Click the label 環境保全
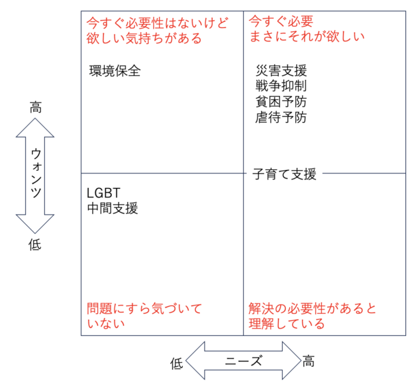tap(115, 71)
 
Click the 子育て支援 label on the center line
tap(285, 174)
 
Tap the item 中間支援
tap(113, 209)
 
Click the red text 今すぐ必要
tap(281, 21)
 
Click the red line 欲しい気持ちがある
tap(144, 37)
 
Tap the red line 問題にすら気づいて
tap(144, 309)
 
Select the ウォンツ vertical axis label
tap(35, 175)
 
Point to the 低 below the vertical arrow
tap(35, 245)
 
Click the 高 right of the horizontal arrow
tap(309, 361)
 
